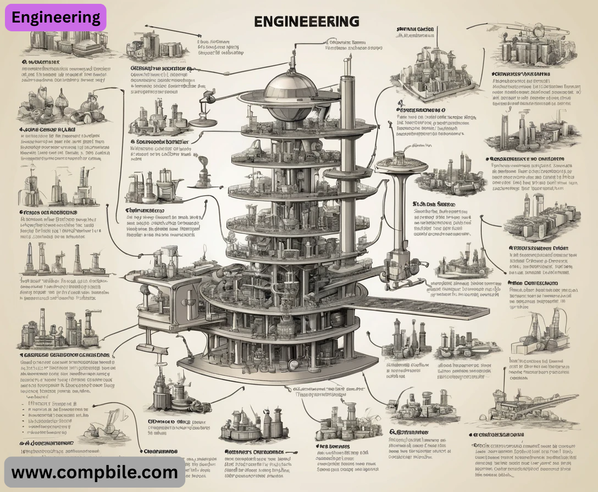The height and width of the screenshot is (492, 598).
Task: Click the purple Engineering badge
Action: click(x=56, y=17)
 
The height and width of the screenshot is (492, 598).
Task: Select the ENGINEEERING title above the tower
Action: click(x=307, y=21)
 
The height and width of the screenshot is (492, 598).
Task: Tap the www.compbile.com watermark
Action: click(x=95, y=472)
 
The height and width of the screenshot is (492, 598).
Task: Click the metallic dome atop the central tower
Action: click(x=291, y=86)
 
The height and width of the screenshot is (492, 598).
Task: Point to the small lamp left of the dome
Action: click(x=207, y=99)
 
